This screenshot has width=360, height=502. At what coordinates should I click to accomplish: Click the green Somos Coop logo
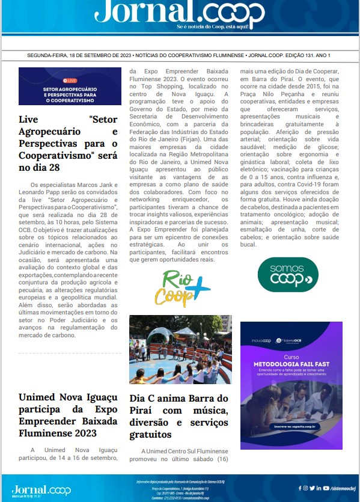click(x=288, y=274)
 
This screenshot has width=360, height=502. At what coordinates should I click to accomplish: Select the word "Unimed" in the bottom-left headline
click(x=39, y=398)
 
